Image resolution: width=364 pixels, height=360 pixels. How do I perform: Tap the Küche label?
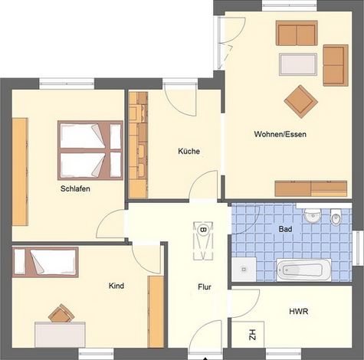[189, 152]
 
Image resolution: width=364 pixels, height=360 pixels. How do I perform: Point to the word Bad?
[285, 229]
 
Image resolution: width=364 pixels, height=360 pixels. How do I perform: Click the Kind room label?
[116, 286]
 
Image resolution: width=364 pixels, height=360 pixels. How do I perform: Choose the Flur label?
[204, 287]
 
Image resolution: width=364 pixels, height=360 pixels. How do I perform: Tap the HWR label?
[299, 312]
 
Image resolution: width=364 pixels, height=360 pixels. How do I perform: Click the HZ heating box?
[251, 334]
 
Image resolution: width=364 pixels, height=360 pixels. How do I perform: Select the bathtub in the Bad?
[303, 270]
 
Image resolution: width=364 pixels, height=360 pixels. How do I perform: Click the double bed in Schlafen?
[90, 149]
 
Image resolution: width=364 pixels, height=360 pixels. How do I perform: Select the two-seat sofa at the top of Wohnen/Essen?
[297, 34]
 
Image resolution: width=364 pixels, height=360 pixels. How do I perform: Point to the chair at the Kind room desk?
[61, 313]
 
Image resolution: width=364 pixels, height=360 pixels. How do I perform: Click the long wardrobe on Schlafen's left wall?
[20, 172]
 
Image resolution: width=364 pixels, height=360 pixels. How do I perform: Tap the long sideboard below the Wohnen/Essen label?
[310, 188]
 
